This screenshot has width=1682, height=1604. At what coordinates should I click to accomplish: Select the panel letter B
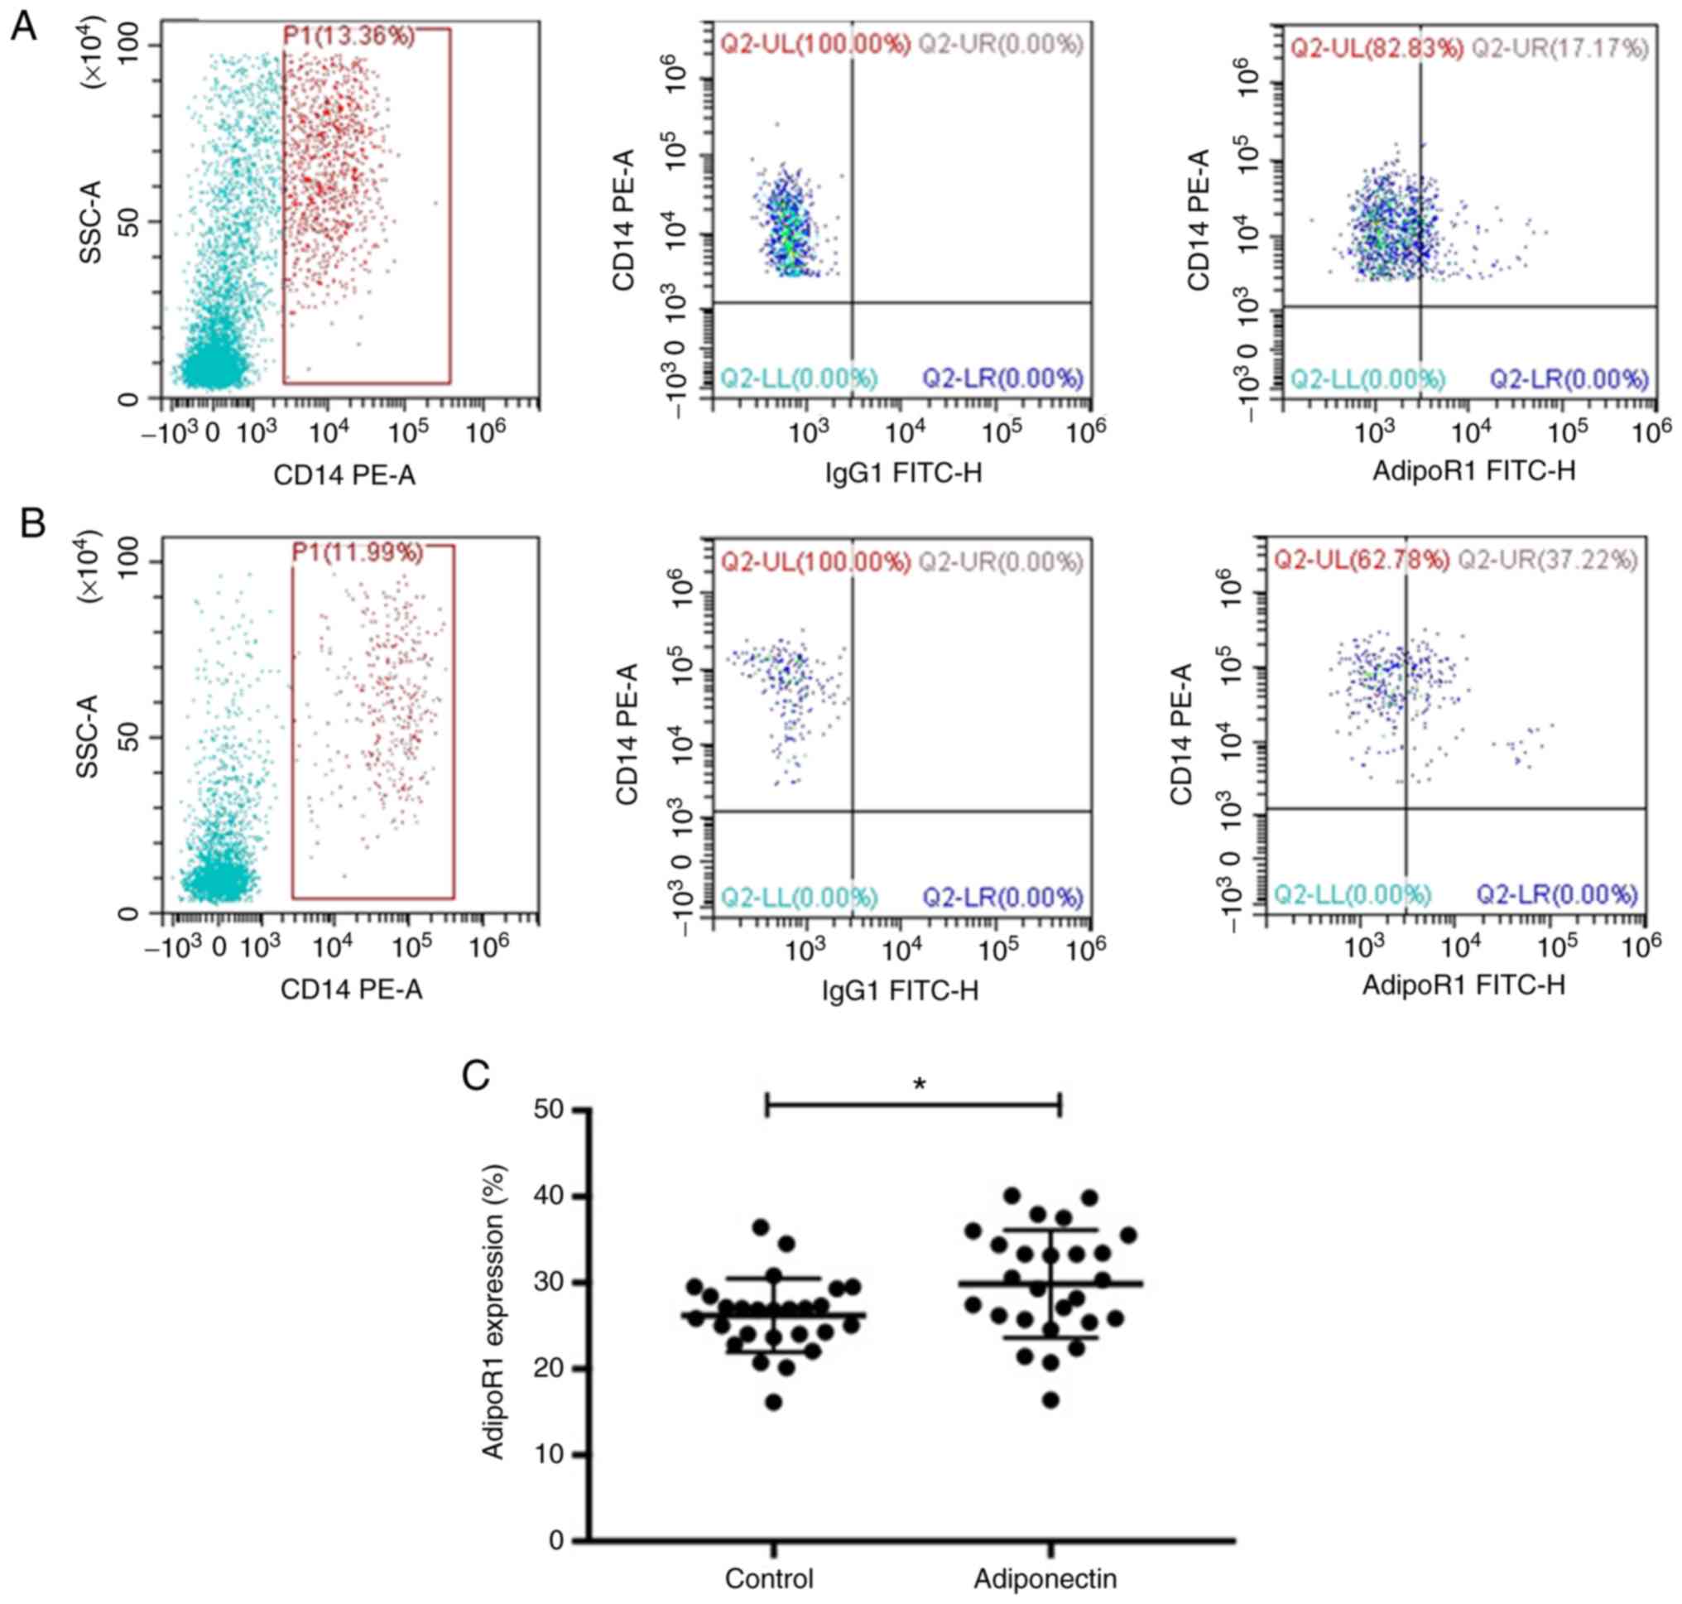coord(32,522)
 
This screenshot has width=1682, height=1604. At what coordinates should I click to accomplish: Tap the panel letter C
coord(475,1076)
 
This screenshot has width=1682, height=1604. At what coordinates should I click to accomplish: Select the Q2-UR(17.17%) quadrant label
coord(1559,49)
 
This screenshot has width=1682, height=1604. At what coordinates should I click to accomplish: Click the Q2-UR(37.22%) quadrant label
coord(1547,560)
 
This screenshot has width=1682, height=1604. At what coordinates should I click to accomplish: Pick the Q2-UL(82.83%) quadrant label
coord(1377,49)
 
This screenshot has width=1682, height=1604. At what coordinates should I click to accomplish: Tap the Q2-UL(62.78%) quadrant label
coord(1362,560)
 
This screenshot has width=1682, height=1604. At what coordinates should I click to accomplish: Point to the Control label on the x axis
coord(769,1578)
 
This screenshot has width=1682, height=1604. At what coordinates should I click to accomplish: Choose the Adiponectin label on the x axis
coord(1045,1578)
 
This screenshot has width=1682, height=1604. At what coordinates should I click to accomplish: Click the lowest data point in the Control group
coord(773,1402)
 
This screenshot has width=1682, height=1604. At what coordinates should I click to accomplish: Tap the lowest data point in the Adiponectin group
coord(1051,1400)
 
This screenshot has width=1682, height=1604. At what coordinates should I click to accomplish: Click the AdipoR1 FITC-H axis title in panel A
coord(1473,470)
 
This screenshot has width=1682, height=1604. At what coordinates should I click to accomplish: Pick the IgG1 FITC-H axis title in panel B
coord(900,990)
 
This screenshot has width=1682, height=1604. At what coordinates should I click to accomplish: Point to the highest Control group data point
coord(761,1227)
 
